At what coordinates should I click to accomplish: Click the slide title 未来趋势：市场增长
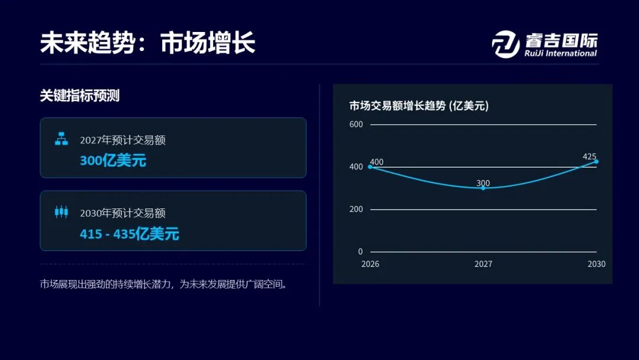coord(147,43)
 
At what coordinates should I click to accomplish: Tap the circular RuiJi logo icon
coord(506,44)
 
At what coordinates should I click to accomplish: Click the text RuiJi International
coord(560,53)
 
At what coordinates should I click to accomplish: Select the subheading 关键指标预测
coord(80,95)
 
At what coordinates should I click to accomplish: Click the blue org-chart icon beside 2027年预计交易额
coord(61,139)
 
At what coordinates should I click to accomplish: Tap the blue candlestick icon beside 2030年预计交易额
coord(61,211)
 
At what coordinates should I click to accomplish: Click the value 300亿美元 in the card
coord(113,160)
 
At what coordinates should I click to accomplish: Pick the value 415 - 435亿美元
coord(129,234)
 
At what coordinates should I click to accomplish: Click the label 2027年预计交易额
coord(122,140)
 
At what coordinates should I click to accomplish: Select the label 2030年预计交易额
coord(122,213)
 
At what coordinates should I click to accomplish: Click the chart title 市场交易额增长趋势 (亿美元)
coord(419,106)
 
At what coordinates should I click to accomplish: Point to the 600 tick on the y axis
coord(356,124)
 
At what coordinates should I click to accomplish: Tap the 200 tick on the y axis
coord(356,209)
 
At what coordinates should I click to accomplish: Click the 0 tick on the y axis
coord(360,252)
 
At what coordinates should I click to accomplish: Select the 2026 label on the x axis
coord(370,264)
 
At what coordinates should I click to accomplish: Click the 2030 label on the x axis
coord(596,264)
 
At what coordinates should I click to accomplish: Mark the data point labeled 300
coord(483,188)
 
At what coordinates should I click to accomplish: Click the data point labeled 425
coord(596,162)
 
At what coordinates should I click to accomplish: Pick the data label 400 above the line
coord(376,162)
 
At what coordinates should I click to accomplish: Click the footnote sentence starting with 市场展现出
coord(163,284)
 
